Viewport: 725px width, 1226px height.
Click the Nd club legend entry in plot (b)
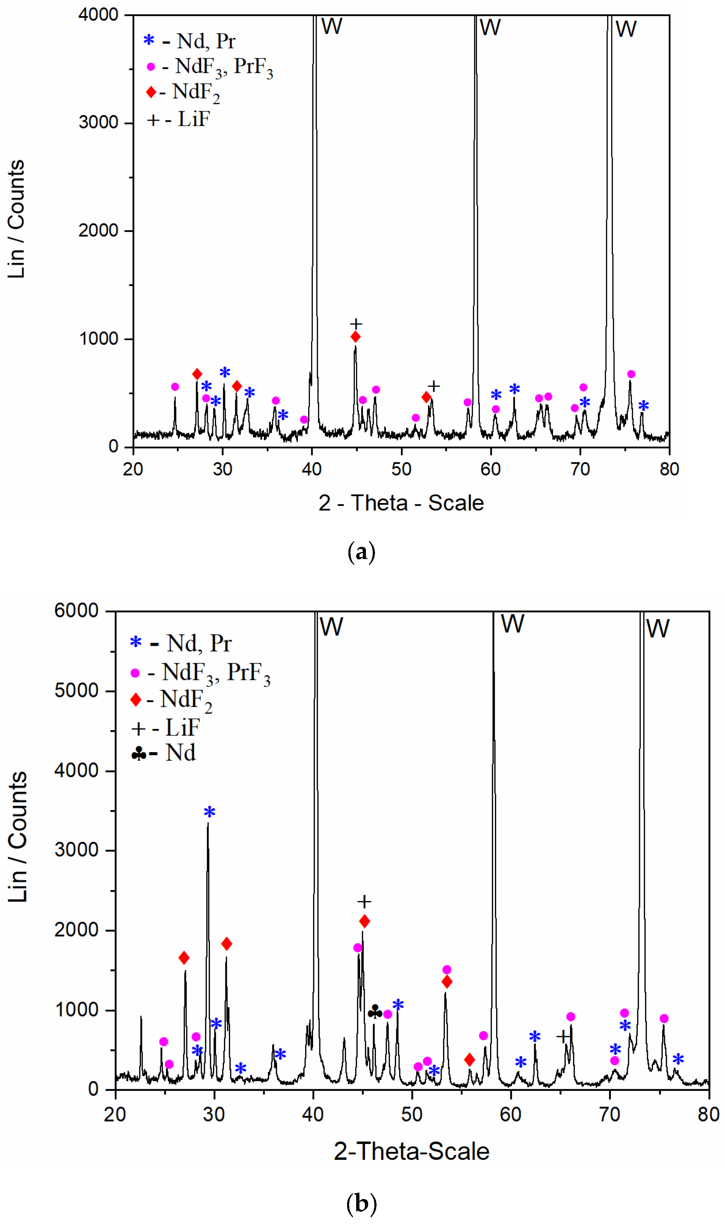point(164,753)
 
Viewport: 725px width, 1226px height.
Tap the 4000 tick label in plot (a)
point(99,15)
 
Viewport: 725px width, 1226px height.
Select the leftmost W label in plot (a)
point(332,26)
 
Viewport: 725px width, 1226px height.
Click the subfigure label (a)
point(361,553)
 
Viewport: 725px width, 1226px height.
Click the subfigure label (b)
point(361,1203)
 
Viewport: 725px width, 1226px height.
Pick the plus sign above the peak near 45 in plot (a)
point(356,324)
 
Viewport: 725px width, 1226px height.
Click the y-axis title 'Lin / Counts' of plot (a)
point(16,219)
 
